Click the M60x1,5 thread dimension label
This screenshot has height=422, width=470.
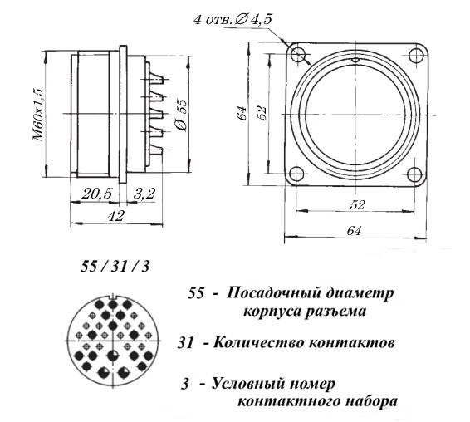pyautogui.click(x=39, y=115)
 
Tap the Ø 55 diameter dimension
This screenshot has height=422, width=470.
pyautogui.click(x=182, y=115)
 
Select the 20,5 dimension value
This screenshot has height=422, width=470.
pyautogui.click(x=96, y=194)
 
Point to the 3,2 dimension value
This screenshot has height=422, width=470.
pyautogui.click(x=144, y=194)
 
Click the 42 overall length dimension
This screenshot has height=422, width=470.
pyautogui.click(x=115, y=215)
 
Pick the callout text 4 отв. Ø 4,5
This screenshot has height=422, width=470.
pyautogui.click(x=233, y=20)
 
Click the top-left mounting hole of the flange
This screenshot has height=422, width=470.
pyautogui.click(x=298, y=55)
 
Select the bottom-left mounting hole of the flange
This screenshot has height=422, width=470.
pyautogui.click(x=297, y=174)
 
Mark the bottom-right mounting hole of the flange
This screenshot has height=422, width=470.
pyautogui.click(x=414, y=174)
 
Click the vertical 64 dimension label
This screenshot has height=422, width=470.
pyautogui.click(x=242, y=113)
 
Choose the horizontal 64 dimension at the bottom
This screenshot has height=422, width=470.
pyautogui.click(x=354, y=231)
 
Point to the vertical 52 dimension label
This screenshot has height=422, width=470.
pyautogui.click(x=262, y=113)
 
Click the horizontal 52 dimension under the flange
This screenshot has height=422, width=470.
pyautogui.click(x=358, y=205)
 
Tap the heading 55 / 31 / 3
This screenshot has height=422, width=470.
pyautogui.click(x=115, y=267)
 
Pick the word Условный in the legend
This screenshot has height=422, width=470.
pyautogui.click(x=247, y=384)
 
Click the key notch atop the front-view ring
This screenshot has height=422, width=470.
pyautogui.click(x=355, y=60)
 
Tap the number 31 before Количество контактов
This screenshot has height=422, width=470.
pyautogui.click(x=185, y=343)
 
